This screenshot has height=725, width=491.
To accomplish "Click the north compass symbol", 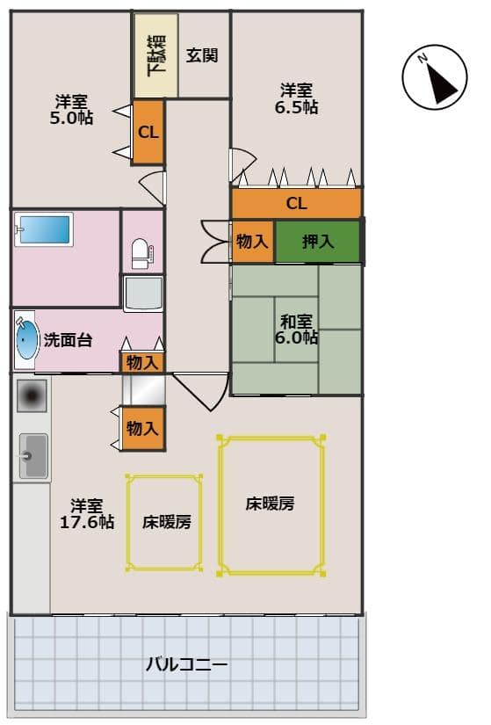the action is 434,77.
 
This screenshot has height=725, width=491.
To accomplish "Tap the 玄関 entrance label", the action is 202,55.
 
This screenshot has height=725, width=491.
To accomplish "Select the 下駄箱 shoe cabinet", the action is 156,55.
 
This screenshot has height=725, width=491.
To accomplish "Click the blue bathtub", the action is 45,229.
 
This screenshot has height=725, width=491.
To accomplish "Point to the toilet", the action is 142,253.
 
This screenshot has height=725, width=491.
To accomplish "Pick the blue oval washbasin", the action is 27,340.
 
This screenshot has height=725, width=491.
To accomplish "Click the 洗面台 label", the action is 68,340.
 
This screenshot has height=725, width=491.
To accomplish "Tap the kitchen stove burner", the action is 32,395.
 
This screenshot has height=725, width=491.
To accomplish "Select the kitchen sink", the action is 33,456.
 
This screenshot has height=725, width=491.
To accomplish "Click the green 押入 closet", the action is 317,242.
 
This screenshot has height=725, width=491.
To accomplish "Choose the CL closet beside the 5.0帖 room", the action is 148,132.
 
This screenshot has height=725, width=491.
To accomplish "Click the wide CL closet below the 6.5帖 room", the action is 296,203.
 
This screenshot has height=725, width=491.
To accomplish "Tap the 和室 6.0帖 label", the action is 296,330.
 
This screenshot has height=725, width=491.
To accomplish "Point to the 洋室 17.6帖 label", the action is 87,514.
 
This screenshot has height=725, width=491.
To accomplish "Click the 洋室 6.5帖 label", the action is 296,98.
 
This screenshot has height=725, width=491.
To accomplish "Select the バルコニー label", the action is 187,664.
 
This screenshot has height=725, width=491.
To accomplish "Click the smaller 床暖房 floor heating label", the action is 166,522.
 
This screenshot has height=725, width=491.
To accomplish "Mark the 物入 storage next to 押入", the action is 252,242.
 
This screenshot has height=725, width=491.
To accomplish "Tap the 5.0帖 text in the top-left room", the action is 72,118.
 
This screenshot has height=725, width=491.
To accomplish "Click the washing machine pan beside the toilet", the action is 143,294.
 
